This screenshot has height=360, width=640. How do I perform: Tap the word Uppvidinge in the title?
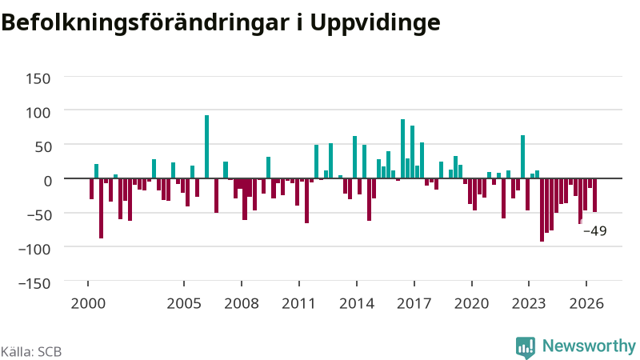point(375,22)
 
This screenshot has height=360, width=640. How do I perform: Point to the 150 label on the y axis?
point(38,78)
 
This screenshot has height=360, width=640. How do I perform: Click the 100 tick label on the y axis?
point(38,113)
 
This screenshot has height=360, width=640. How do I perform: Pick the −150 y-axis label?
point(34,283)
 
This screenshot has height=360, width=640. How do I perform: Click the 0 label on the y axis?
point(48,181)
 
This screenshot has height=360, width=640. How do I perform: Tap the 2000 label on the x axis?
point(88,304)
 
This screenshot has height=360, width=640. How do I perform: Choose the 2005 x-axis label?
point(184,304)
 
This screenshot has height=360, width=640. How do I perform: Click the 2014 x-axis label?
point(357,304)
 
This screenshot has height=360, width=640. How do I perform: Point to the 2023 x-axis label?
point(529,304)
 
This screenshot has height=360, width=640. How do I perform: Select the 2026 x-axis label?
point(586,304)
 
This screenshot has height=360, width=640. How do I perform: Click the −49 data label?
point(595,231)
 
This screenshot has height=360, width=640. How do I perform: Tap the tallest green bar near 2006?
point(207,147)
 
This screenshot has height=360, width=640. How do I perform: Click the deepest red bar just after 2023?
point(542,210)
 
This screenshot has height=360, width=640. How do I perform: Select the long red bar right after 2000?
point(102,208)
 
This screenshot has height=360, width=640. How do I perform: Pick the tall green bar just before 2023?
point(523,157)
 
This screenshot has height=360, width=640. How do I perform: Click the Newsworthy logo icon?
point(526,348)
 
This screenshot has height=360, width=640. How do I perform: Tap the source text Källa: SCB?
point(31,352)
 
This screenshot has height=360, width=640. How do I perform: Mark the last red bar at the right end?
point(595,195)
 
